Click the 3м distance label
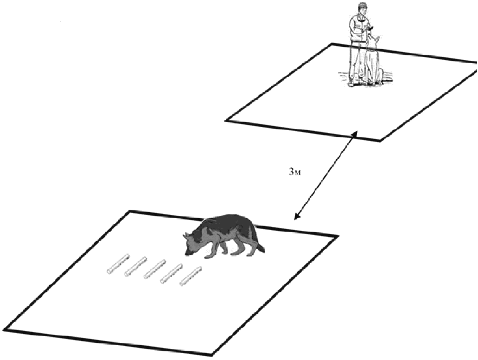point(295,172)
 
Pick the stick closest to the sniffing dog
point(191,277)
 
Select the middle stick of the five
point(154,269)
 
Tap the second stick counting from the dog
point(172,273)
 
